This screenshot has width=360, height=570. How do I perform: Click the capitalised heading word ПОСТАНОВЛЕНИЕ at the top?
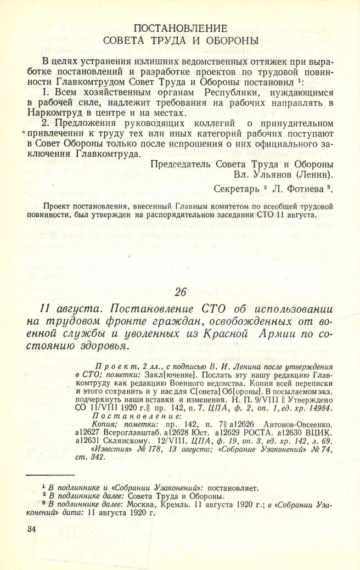point(180,28)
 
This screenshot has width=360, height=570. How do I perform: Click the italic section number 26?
point(181,291)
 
